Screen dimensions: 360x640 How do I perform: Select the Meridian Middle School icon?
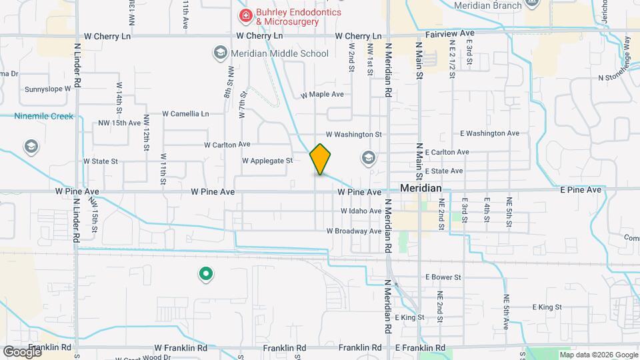tap(219, 53)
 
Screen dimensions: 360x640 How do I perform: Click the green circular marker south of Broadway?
tap(206, 273)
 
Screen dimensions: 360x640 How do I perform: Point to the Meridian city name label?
tap(421, 189)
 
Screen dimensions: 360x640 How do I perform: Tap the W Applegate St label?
tap(267, 161)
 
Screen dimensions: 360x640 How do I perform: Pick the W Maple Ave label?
tap(322, 95)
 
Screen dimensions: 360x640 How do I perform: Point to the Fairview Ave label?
tap(450, 33)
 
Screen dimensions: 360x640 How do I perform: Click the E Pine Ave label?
tap(581, 190)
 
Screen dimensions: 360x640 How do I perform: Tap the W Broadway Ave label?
tap(353, 231)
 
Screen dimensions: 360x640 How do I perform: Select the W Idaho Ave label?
tap(361, 211)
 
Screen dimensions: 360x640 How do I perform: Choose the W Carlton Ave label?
tap(227, 144)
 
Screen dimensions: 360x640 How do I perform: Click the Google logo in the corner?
tap(22, 351)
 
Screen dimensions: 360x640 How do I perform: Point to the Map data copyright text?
tap(597, 355)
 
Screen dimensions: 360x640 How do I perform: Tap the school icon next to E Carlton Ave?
tap(367, 158)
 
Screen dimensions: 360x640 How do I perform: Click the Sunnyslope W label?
tap(47, 89)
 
